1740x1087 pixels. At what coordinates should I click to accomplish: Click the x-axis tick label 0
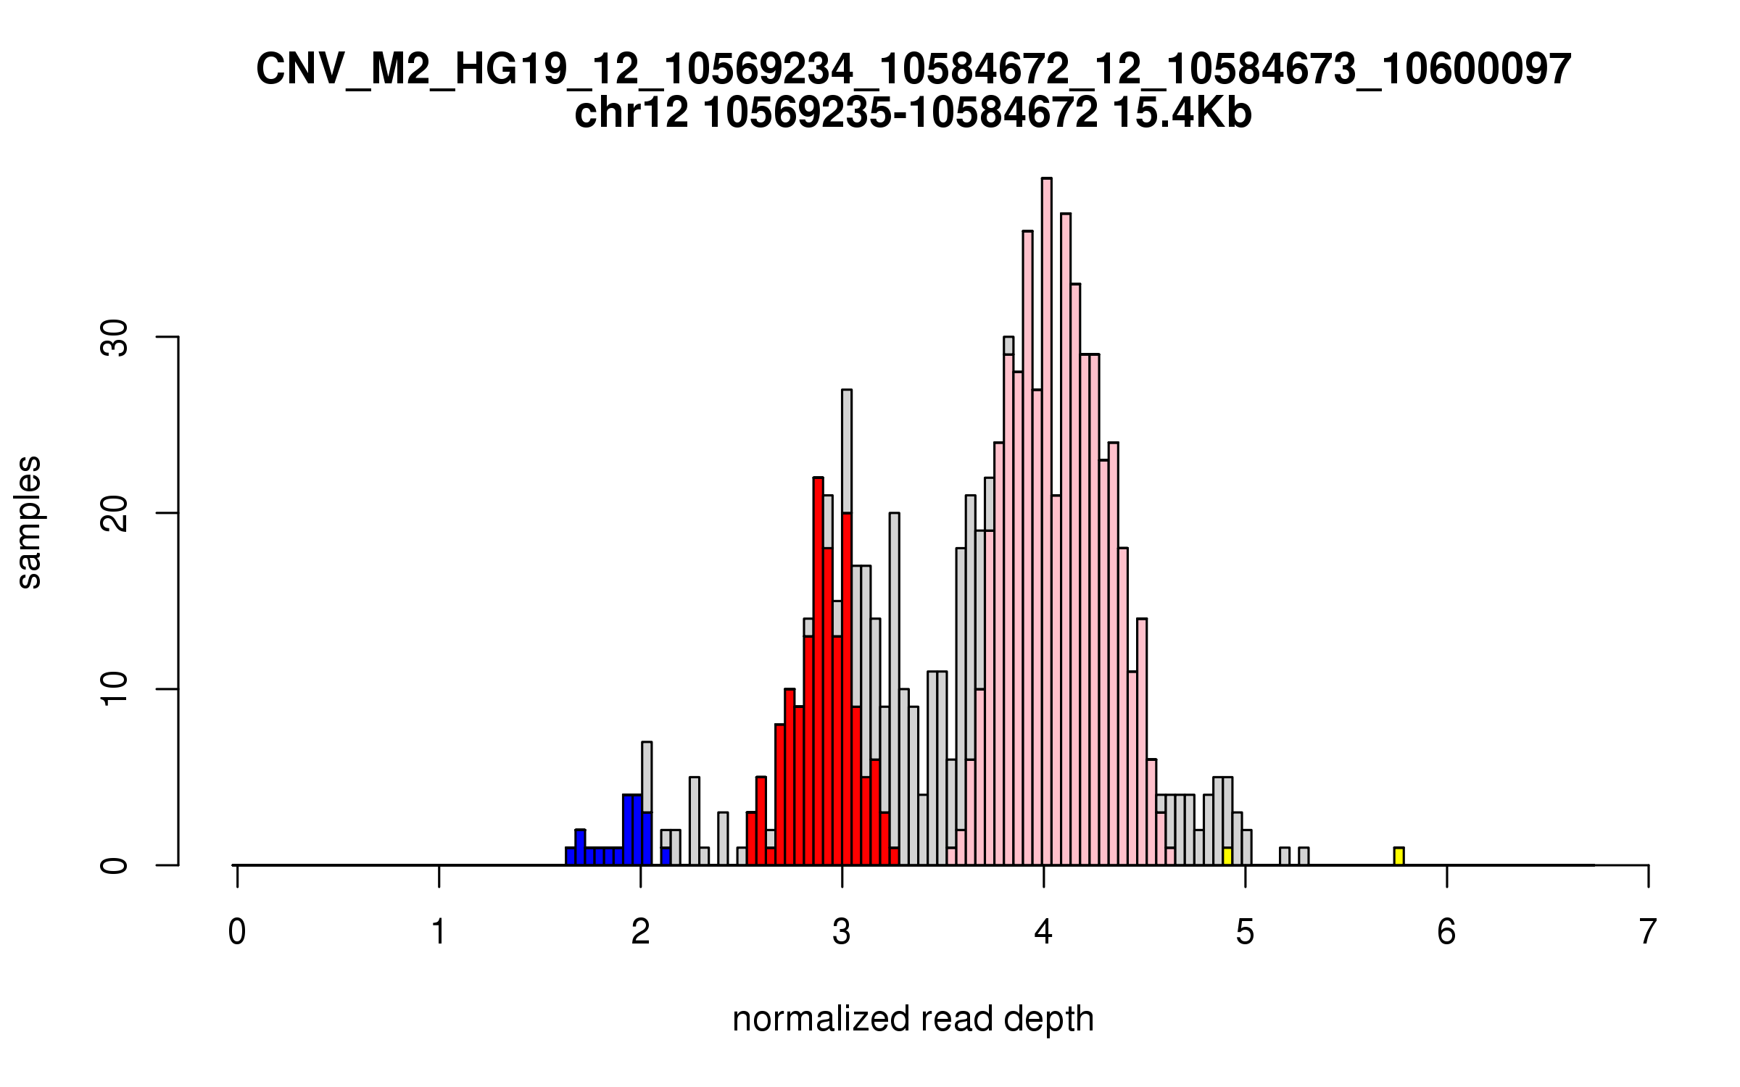[x=237, y=933]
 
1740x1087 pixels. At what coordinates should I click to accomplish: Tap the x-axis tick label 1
[x=439, y=933]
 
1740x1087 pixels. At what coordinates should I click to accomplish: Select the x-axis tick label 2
[x=640, y=933]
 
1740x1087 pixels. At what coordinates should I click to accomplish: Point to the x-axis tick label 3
[x=842, y=933]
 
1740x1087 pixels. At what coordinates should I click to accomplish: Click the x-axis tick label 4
[x=1043, y=933]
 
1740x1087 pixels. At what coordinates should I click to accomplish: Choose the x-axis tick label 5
[x=1245, y=933]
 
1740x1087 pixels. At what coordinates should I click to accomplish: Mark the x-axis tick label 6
[x=1446, y=933]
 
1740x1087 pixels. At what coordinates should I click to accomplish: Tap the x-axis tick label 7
[x=1648, y=933]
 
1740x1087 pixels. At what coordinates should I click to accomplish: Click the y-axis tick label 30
[x=114, y=338]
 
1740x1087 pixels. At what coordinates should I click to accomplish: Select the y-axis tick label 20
[x=114, y=514]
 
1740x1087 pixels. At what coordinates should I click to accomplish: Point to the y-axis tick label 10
[x=114, y=689]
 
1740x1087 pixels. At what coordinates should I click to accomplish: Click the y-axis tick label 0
[x=114, y=865]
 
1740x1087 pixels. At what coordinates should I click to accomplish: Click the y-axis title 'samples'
[x=29, y=522]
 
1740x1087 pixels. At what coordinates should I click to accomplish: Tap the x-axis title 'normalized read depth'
[x=913, y=1019]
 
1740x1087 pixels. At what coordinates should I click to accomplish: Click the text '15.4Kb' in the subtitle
[x=1181, y=114]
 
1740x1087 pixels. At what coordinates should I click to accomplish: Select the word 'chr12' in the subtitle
[x=631, y=114]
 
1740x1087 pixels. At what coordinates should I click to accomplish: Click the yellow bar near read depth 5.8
[x=1399, y=857]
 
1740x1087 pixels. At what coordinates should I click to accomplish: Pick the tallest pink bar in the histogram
[x=1046, y=522]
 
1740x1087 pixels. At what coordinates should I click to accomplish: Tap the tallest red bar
[x=818, y=671]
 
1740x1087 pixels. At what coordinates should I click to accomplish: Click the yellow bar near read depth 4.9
[x=1227, y=857]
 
